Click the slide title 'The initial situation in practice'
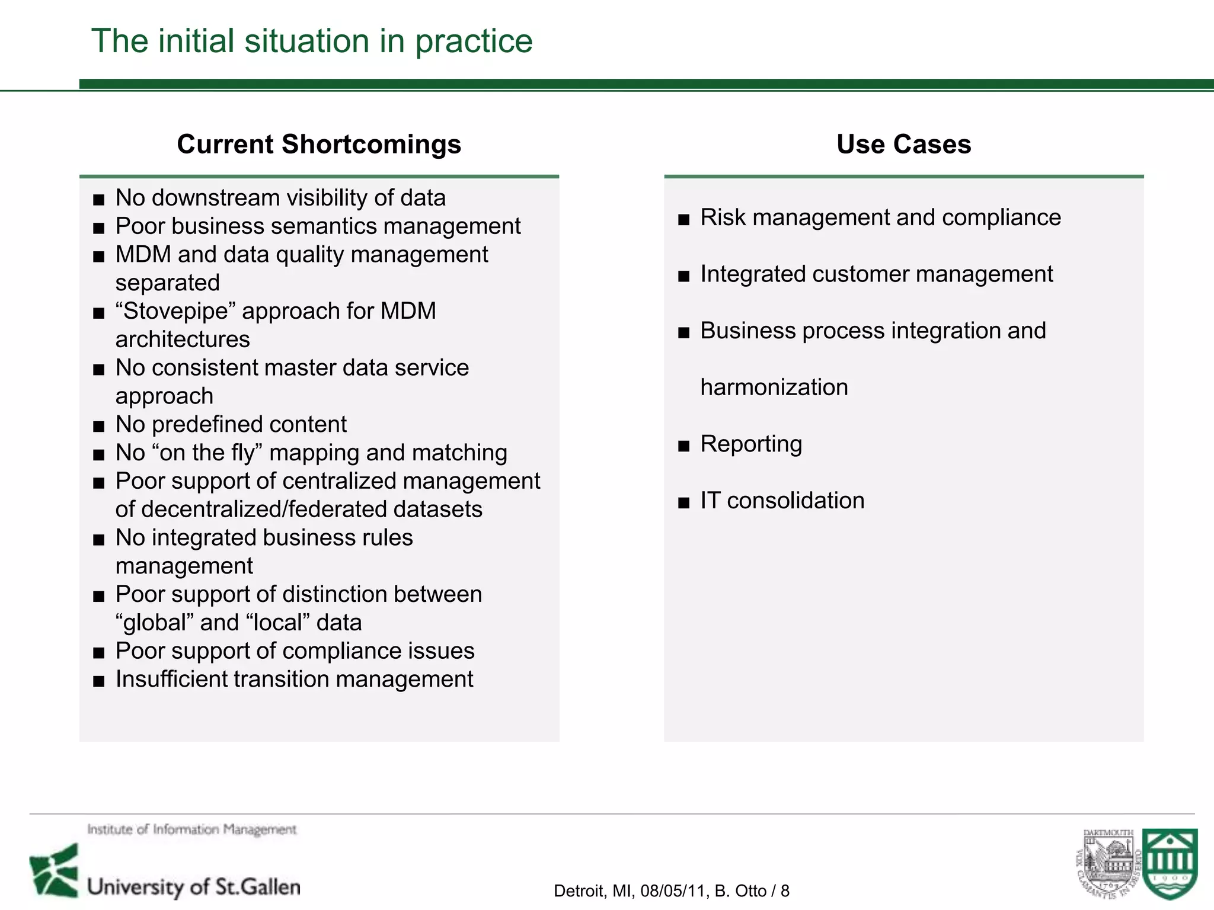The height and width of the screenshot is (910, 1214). (x=312, y=41)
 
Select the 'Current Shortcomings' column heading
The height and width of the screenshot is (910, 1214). (x=319, y=145)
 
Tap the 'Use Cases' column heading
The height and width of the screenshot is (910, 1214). (x=903, y=145)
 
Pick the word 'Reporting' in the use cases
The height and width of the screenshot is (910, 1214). (x=751, y=444)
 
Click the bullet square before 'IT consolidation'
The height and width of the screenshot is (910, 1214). (x=684, y=503)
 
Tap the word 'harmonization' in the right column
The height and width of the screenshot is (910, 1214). (x=774, y=387)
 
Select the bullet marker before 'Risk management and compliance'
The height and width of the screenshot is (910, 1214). (x=684, y=220)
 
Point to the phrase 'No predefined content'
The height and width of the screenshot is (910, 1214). (x=231, y=425)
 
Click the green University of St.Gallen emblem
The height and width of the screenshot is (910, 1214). (x=55, y=870)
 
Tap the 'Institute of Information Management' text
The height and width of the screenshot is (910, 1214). (x=191, y=829)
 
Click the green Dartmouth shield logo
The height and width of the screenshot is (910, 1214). (x=1170, y=863)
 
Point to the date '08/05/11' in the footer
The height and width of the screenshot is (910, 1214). (x=675, y=891)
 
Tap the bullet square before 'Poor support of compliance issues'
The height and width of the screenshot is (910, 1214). (x=99, y=653)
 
